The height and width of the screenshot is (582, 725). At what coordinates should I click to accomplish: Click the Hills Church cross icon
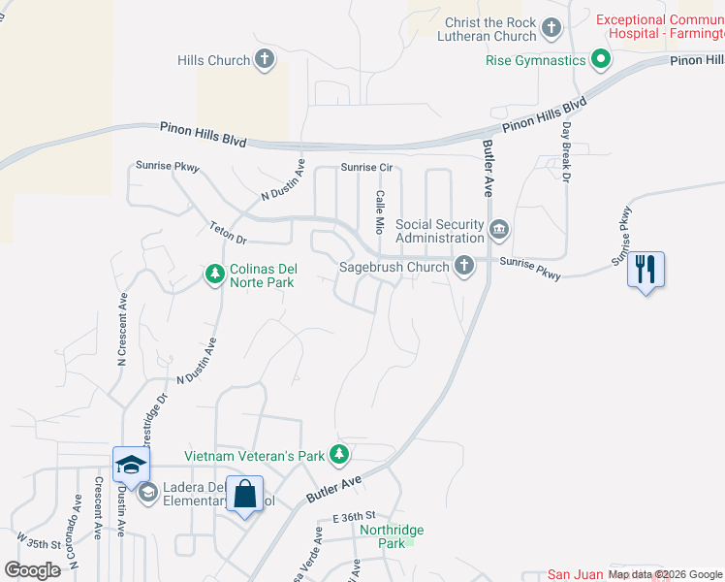click(264, 61)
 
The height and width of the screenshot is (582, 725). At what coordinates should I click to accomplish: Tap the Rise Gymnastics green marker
click(600, 61)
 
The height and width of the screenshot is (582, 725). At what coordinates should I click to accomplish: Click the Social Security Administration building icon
click(499, 231)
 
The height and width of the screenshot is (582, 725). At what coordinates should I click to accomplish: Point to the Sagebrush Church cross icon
click(463, 265)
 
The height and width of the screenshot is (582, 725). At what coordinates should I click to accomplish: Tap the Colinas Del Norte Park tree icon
click(213, 275)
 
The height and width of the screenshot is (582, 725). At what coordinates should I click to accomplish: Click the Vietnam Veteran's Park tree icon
click(338, 454)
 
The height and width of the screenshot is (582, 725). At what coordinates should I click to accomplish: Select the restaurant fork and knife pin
click(646, 269)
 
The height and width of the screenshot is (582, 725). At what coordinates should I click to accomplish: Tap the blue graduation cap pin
click(131, 466)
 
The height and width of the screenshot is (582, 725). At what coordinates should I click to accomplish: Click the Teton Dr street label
click(229, 233)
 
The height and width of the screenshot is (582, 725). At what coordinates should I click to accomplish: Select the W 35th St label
click(38, 539)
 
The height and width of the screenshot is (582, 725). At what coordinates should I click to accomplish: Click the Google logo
click(33, 569)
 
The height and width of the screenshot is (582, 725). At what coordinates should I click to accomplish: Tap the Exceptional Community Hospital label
click(659, 26)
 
